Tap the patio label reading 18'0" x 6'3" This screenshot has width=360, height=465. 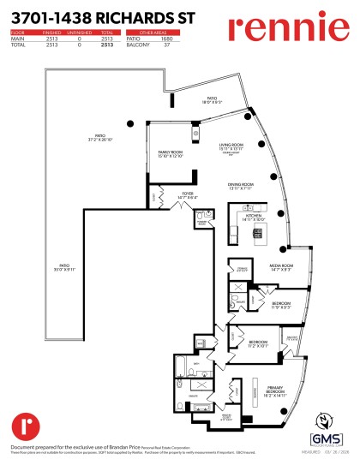tap(211, 100)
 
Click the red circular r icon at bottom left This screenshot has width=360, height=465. tap(23, 425)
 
